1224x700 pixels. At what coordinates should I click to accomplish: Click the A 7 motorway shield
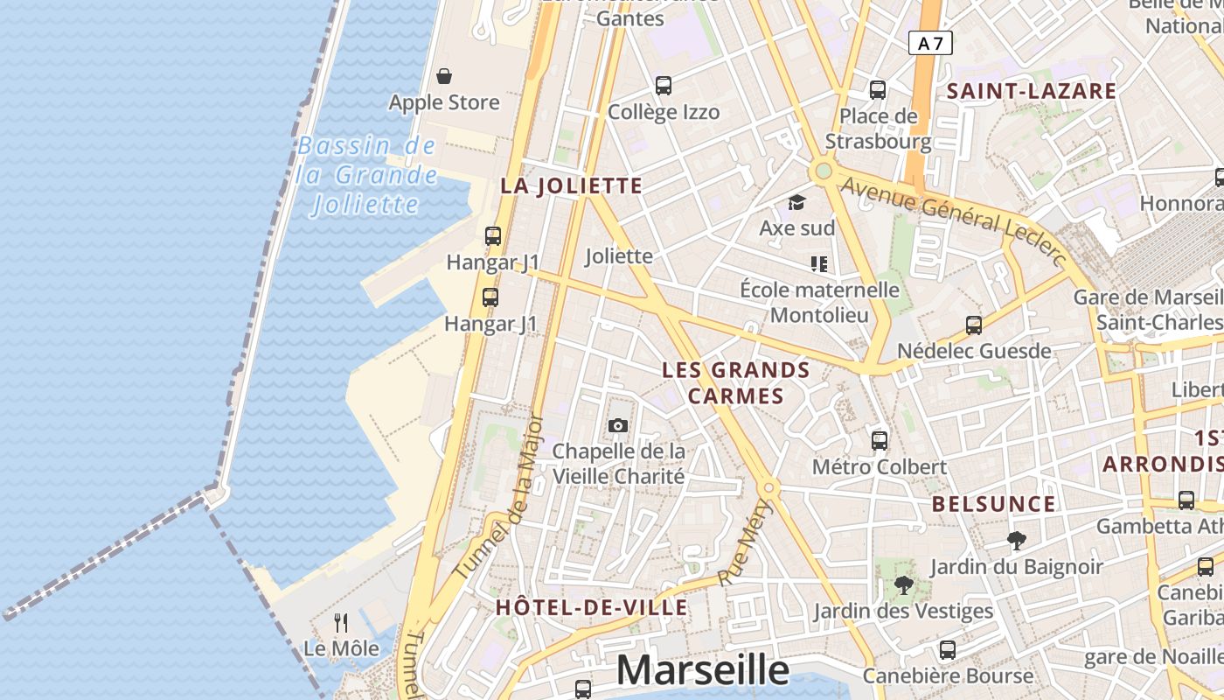click(x=929, y=43)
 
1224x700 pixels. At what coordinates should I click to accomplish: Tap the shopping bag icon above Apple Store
click(x=444, y=76)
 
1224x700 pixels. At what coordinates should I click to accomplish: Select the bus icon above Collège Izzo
click(x=664, y=86)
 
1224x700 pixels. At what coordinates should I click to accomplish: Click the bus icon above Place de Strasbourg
click(x=878, y=89)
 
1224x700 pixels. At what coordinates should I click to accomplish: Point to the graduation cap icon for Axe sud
click(x=796, y=203)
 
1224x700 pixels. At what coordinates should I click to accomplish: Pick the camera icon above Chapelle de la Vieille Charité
click(x=618, y=425)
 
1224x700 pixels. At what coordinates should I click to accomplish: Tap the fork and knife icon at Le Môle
click(x=341, y=623)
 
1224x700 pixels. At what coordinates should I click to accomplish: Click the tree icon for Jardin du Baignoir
click(x=1016, y=541)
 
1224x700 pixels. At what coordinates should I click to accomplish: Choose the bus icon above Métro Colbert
click(x=880, y=440)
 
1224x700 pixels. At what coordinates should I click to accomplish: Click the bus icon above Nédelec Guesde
click(x=974, y=325)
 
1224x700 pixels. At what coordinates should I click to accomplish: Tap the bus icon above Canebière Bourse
click(x=948, y=650)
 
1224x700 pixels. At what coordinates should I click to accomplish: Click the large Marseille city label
click(x=703, y=670)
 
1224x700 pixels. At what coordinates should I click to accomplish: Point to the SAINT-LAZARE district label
click(x=1032, y=91)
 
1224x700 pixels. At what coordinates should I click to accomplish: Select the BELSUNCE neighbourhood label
click(x=993, y=504)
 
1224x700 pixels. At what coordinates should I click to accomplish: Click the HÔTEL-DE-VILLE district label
click(x=591, y=607)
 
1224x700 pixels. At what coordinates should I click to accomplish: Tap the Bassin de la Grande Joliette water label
click(x=366, y=175)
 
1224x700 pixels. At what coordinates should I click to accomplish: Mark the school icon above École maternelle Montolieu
click(x=819, y=263)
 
